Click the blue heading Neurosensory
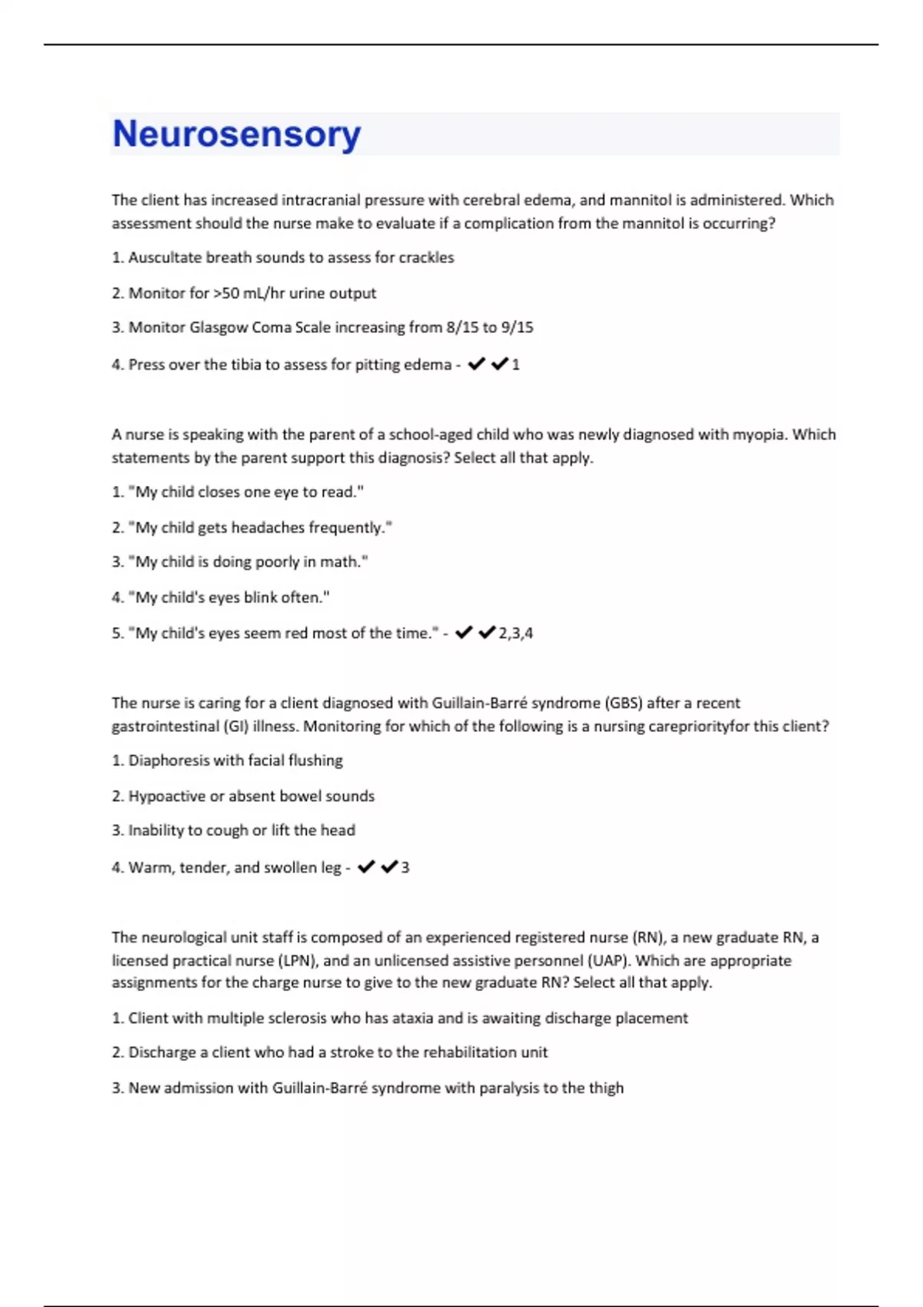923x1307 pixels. [x=236, y=135]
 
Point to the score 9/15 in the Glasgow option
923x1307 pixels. [x=516, y=328]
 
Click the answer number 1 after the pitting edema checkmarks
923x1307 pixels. [x=515, y=364]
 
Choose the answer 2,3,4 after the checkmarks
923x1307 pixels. [x=515, y=634]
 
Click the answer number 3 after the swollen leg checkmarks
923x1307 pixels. [x=405, y=867]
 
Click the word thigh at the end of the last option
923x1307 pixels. [x=606, y=1088]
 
